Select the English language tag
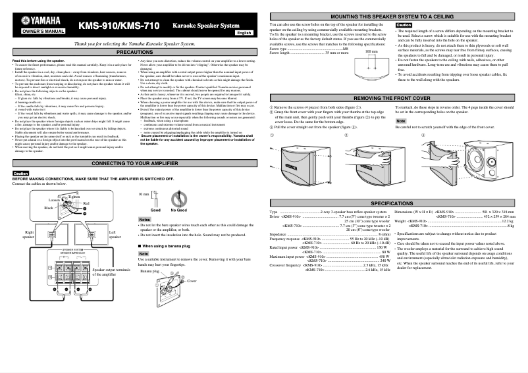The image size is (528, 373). [x=244, y=32]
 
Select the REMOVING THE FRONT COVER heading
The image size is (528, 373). [x=396, y=97]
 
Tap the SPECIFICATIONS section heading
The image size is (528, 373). [x=396, y=204]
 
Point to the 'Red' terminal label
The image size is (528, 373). [x=86, y=204]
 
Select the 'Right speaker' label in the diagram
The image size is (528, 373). [x=29, y=236]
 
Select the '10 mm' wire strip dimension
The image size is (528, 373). [x=144, y=195]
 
